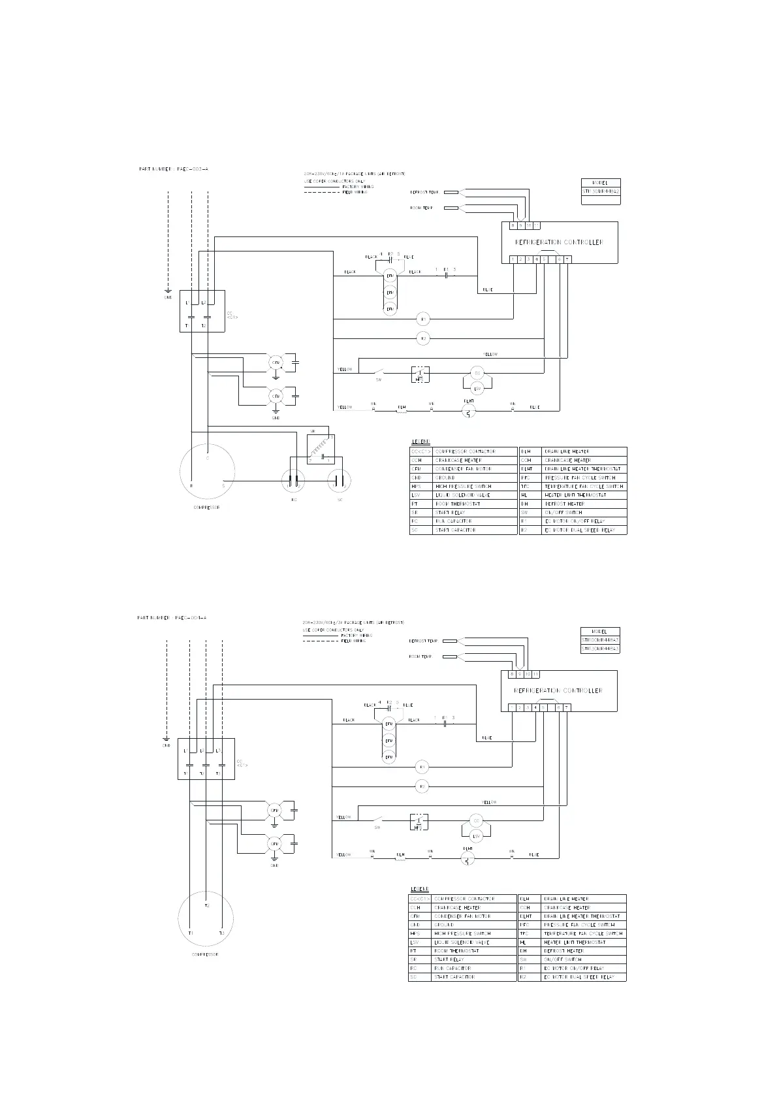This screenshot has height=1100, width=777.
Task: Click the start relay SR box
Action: point(321,449)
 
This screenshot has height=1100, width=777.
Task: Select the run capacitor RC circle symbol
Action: point(294,481)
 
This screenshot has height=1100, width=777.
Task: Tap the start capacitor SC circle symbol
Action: point(340,481)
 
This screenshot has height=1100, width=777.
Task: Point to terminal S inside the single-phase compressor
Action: point(223,486)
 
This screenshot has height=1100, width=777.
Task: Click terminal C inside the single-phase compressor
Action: point(208,458)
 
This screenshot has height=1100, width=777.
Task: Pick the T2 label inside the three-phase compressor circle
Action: point(207,905)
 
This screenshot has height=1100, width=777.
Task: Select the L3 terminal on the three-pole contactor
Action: point(218,751)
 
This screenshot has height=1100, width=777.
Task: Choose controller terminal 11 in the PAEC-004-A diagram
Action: point(535,673)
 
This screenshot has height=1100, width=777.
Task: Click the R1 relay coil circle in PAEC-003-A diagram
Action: point(423,319)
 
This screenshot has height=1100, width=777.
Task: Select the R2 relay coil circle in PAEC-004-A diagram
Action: point(422,786)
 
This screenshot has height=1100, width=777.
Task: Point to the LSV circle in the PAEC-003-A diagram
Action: point(477,389)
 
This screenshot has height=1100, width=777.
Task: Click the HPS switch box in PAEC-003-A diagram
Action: point(419,374)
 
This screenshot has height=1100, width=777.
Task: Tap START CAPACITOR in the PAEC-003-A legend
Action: point(455,530)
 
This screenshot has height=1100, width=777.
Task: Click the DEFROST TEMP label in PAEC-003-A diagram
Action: point(424,192)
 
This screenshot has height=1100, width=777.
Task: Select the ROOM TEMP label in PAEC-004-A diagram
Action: point(420,656)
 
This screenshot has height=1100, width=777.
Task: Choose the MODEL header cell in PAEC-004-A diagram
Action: point(599,632)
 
